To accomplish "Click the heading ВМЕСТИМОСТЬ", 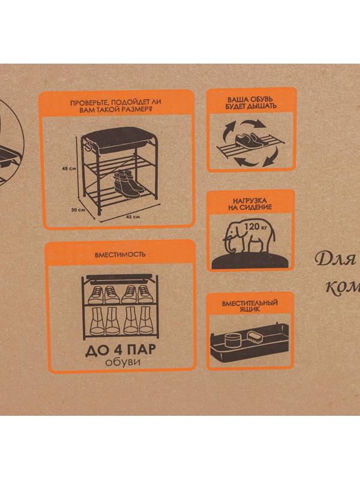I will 120,254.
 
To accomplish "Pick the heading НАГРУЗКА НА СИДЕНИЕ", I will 250,204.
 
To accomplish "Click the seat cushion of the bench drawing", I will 120,139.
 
